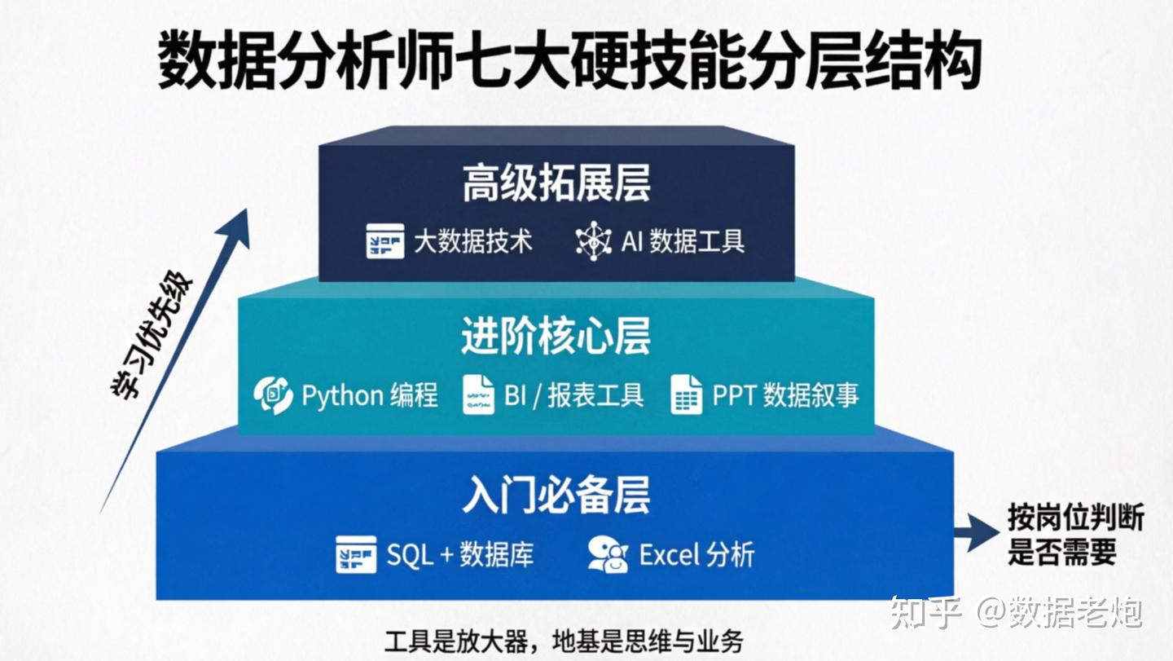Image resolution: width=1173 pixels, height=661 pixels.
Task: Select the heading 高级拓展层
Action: (x=556, y=183)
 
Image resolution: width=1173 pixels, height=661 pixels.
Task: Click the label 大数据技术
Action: (x=473, y=241)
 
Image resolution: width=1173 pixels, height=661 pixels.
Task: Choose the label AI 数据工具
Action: (x=683, y=241)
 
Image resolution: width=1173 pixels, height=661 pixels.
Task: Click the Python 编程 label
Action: (x=369, y=395)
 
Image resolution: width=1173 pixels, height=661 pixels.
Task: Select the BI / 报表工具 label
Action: (x=573, y=395)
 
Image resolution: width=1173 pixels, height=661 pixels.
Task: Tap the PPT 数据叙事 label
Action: (x=785, y=395)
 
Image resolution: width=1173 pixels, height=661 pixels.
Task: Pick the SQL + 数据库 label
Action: (x=460, y=555)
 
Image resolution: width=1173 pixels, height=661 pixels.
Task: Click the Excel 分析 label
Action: (x=696, y=555)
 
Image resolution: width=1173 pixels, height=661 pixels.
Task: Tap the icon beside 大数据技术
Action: (x=385, y=241)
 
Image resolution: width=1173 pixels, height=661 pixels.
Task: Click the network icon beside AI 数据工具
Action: (x=594, y=241)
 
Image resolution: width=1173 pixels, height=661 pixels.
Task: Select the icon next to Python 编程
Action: (x=273, y=396)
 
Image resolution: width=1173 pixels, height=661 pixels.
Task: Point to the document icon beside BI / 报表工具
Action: (x=479, y=395)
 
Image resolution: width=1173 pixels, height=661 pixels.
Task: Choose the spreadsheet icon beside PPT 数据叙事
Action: (x=687, y=395)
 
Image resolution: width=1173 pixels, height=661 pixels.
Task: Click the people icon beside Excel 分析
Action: (x=608, y=554)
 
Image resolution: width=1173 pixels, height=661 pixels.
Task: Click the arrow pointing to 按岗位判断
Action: (x=976, y=533)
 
